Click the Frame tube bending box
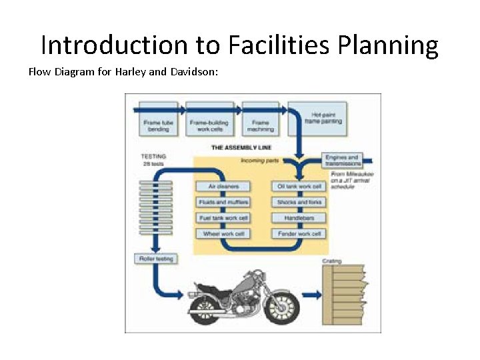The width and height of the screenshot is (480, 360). point(159,125)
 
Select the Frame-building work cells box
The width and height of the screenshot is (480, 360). point(209,125)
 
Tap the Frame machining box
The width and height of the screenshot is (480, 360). point(259,125)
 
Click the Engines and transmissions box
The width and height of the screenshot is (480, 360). point(342,161)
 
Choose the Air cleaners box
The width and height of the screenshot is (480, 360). point(223,187)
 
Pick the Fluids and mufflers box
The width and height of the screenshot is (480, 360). point(223,202)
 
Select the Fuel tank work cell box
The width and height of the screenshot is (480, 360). point(223,218)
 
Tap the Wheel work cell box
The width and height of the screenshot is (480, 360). point(223,234)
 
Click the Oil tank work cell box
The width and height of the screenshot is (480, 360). point(299,187)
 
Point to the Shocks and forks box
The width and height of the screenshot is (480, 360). point(299,202)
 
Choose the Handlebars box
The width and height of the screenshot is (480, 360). point(299,218)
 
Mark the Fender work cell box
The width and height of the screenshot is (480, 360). point(299,234)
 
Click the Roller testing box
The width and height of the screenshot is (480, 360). point(156,258)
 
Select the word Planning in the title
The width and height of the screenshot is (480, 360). point(388,45)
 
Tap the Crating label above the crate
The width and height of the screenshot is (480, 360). point(332,261)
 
